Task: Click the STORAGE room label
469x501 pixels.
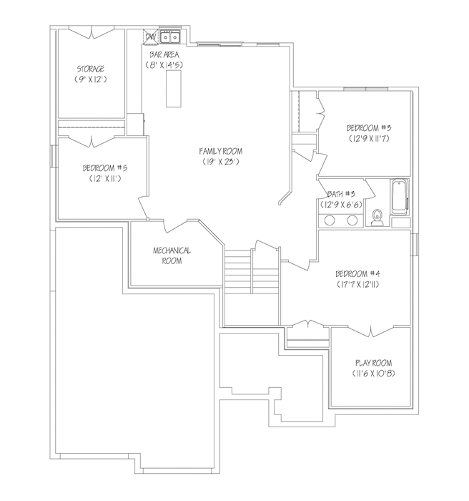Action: click(x=90, y=69)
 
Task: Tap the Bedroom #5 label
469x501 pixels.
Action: click(x=105, y=167)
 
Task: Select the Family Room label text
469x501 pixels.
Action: click(x=221, y=151)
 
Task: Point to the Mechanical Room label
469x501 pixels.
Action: click(x=172, y=256)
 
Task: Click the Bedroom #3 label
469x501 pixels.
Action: click(x=369, y=128)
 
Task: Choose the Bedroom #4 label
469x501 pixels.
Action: click(x=357, y=273)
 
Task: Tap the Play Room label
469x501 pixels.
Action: click(x=373, y=363)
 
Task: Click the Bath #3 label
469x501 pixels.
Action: click(x=341, y=194)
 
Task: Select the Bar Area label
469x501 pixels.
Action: click(x=164, y=54)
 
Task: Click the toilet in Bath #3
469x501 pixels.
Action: click(x=377, y=218)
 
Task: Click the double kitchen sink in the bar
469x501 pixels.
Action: click(x=170, y=37)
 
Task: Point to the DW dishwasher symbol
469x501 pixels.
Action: click(x=150, y=37)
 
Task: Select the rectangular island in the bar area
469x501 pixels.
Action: click(x=174, y=89)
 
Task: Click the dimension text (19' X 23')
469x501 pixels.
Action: click(x=221, y=162)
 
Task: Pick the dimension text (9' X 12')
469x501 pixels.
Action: click(x=90, y=79)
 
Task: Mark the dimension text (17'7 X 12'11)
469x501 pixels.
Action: click(x=357, y=284)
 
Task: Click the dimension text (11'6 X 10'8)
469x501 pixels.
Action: click(x=373, y=373)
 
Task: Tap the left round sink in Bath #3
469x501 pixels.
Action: click(x=330, y=220)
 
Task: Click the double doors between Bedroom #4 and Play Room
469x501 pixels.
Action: click(x=371, y=331)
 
